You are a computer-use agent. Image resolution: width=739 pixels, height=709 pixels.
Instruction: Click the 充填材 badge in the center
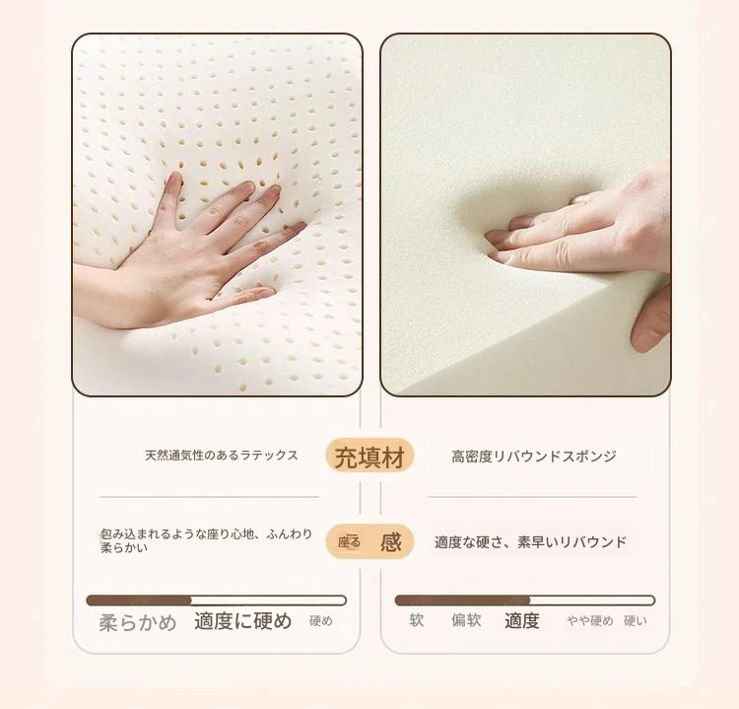[369, 457]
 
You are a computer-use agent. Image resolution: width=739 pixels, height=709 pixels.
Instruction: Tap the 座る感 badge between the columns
[369, 541]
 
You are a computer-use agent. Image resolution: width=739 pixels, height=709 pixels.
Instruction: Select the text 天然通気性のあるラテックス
[222, 456]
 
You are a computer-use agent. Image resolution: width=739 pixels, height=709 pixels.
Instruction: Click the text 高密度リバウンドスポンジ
[534, 457]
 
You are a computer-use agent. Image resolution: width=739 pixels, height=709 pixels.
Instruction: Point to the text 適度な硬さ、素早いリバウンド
[531, 542]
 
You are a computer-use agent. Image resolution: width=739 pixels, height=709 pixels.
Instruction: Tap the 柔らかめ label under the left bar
[138, 622]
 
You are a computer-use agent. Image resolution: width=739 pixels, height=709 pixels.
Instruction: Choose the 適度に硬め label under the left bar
[243, 621]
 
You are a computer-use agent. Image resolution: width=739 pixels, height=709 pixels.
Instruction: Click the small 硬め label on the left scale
[321, 621]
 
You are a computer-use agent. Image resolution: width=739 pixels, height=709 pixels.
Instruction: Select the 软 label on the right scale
[417, 620]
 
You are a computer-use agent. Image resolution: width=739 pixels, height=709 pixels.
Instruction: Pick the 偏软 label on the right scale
[466, 620]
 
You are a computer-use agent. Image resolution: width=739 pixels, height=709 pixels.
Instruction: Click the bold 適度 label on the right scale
[521, 620]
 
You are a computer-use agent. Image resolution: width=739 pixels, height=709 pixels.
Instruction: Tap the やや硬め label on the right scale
[590, 621]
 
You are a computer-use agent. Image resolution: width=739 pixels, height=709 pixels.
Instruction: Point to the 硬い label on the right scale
[636, 621]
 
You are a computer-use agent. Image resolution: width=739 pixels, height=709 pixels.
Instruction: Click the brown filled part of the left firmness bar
[139, 601]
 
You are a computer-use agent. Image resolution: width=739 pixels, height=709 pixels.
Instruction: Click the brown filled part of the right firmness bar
[463, 601]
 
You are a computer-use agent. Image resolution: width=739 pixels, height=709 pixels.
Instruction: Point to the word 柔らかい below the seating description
[124, 548]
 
